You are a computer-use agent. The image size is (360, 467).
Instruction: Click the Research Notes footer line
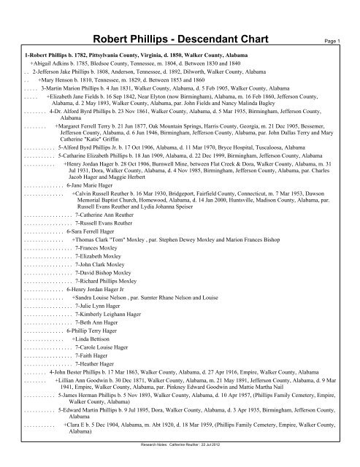point(180,461)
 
